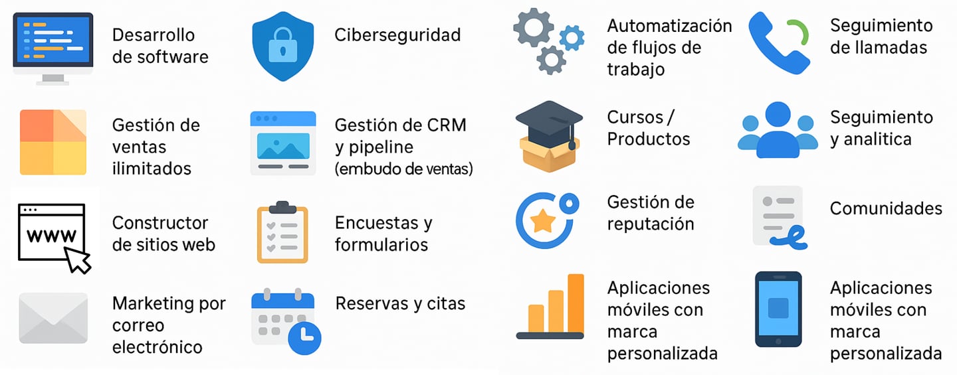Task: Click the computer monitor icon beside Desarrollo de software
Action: [53, 45]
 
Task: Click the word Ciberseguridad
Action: [397, 35]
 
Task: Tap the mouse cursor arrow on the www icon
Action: [79, 260]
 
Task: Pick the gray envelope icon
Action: [53, 318]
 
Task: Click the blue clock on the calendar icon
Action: [304, 337]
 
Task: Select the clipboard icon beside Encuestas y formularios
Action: [282, 232]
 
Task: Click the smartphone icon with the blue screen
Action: [778, 309]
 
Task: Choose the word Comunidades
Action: [885, 208]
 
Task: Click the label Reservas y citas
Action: [400, 303]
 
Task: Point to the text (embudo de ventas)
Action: [403, 169]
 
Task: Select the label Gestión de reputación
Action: [650, 213]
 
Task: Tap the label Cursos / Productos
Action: [648, 128]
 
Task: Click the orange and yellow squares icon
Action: [53, 142]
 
